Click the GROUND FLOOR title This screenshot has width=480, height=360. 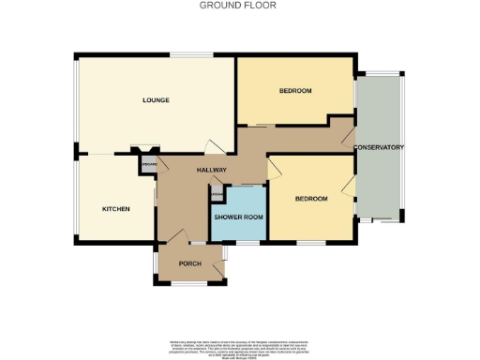pos(238,5)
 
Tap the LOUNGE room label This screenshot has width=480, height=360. pos(156,99)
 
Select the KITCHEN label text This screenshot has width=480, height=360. pos(115,208)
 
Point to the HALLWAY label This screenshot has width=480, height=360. pos(212,170)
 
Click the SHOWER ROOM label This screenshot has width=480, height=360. pos(238,217)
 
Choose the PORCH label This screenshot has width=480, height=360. pos(190,263)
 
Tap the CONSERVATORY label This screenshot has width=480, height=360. pos(378,148)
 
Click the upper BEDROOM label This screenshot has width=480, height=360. pos(295,91)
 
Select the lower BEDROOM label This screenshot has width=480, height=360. pos(310,199)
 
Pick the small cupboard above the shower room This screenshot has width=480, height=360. pos(217,195)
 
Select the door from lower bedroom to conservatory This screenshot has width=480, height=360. pos(349,184)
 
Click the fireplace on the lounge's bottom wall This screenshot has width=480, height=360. pos(144,149)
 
